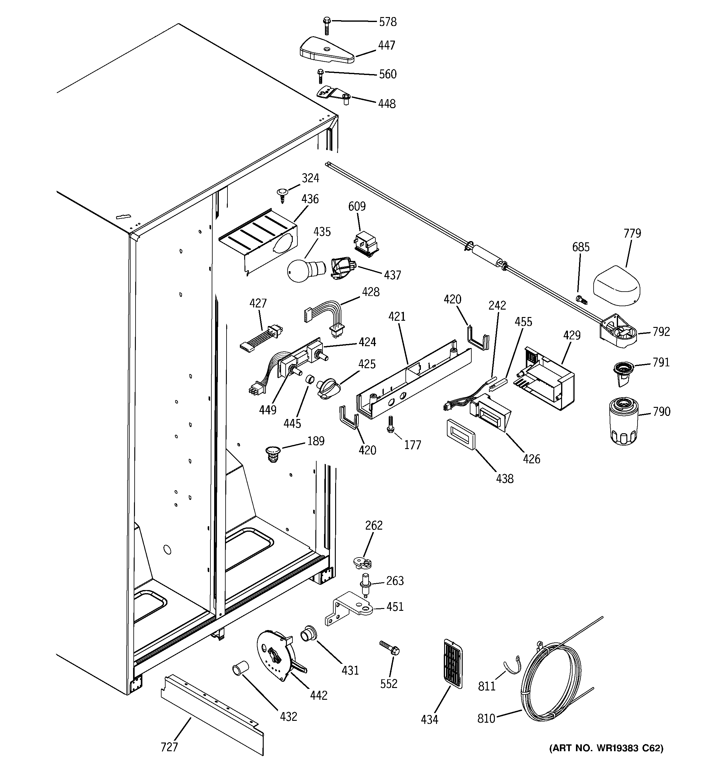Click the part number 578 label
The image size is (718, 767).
[x=387, y=22]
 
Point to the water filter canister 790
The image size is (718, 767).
[x=624, y=422]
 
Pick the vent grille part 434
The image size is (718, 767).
[x=452, y=663]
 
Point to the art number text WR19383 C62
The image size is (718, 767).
[x=606, y=759]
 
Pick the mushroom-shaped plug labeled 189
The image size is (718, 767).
[x=273, y=453]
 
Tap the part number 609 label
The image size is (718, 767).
[x=357, y=206]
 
